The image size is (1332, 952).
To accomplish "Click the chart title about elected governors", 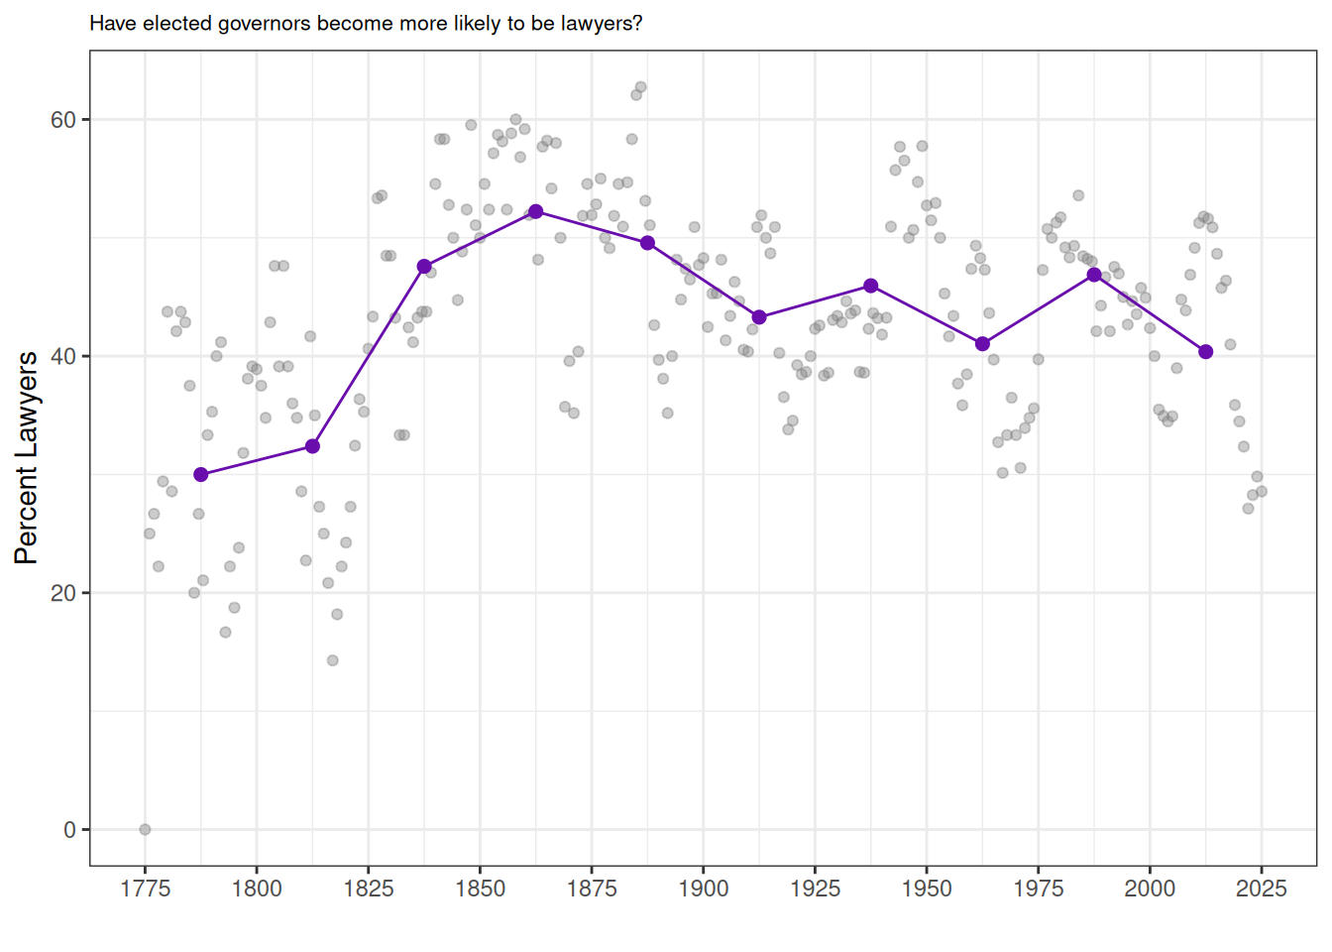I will [366, 23].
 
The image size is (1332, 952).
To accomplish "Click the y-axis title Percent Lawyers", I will [27, 457].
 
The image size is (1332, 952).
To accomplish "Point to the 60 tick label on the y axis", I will [62, 120].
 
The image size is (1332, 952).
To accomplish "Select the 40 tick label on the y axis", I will [62, 357].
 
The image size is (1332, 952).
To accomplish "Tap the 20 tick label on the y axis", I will [62, 593].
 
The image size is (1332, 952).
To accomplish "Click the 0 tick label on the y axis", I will [69, 830].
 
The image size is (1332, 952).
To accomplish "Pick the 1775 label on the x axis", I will [146, 889].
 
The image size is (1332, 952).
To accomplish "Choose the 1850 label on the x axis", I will [481, 889].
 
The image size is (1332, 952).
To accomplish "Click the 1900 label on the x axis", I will [704, 889].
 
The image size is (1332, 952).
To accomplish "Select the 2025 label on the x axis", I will [1262, 889].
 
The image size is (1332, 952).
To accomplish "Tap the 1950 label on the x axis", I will [927, 889].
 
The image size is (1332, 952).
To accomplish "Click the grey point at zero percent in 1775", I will [145, 829].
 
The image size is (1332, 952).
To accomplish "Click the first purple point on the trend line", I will [201, 475].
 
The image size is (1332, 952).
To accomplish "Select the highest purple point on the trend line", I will [536, 211].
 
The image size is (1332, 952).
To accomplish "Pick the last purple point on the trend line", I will [1206, 352].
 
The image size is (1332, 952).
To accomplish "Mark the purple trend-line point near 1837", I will [424, 266].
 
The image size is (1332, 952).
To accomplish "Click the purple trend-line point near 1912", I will [759, 317].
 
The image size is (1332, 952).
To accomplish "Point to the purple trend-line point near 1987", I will [1094, 275].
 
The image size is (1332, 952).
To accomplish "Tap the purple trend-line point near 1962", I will [982, 344].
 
